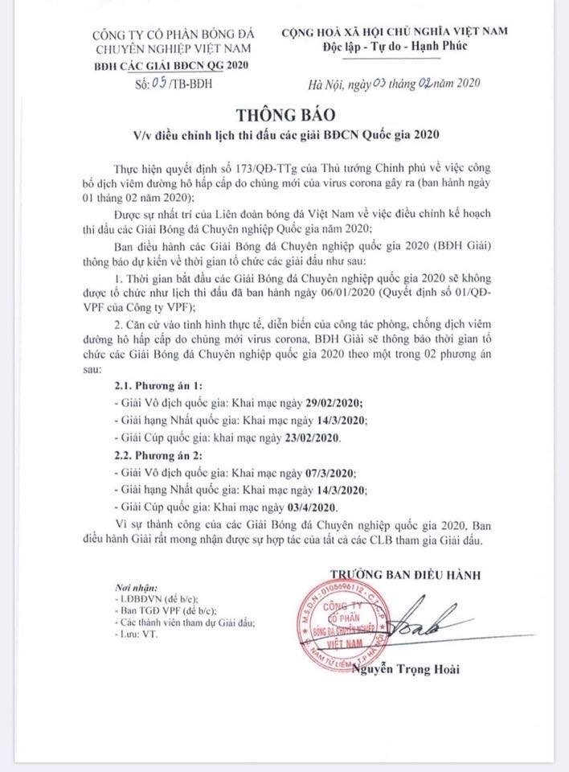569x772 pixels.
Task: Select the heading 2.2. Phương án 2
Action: coord(151,454)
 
